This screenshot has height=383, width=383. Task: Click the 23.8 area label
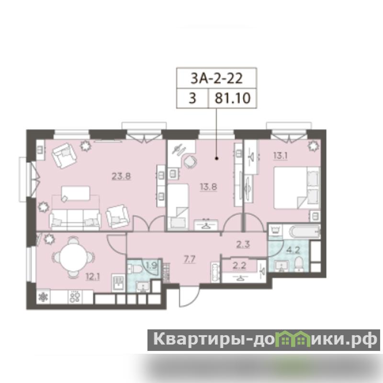tap(121, 176)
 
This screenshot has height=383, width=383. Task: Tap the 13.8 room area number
tap(208, 187)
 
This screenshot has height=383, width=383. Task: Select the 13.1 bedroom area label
tap(280, 156)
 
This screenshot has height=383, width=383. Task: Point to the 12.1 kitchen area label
tap(92, 277)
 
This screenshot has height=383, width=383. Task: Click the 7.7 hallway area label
tap(190, 259)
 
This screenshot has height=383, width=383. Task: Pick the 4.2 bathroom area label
tap(293, 250)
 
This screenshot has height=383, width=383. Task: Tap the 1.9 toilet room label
tap(151, 265)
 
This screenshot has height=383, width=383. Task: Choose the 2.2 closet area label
tap(239, 265)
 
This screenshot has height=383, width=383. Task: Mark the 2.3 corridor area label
tap(243, 244)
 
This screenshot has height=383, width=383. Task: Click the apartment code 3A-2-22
tap(216, 79)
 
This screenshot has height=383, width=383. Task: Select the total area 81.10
tap(233, 98)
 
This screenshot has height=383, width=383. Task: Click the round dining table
tap(73, 257)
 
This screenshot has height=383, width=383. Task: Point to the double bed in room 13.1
tap(297, 188)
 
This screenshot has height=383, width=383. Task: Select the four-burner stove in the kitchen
tap(75, 296)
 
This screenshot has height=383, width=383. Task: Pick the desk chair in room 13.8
tap(190, 161)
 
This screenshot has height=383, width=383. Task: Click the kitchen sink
tap(118, 282)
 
